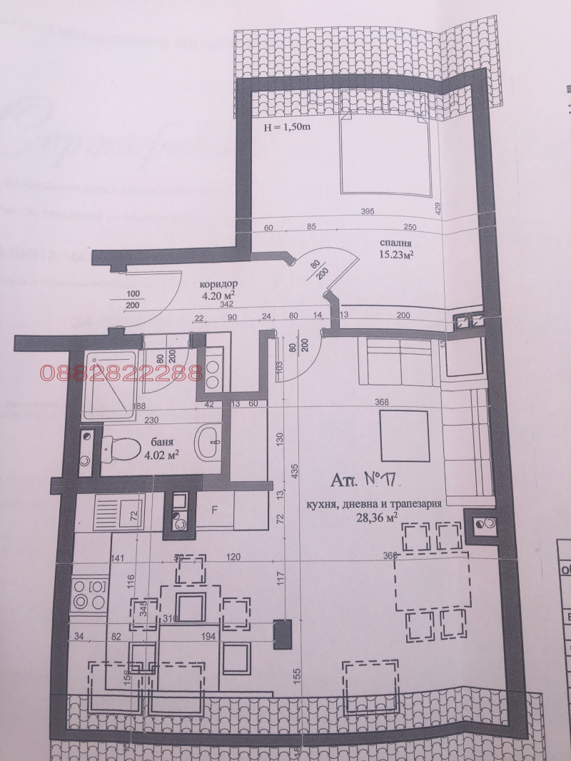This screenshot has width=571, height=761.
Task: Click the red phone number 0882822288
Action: [121, 373]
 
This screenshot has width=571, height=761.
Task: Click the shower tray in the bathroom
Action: [108, 385]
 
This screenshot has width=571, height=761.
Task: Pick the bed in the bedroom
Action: [384, 153]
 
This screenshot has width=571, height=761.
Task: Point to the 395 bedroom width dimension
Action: [367, 211]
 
